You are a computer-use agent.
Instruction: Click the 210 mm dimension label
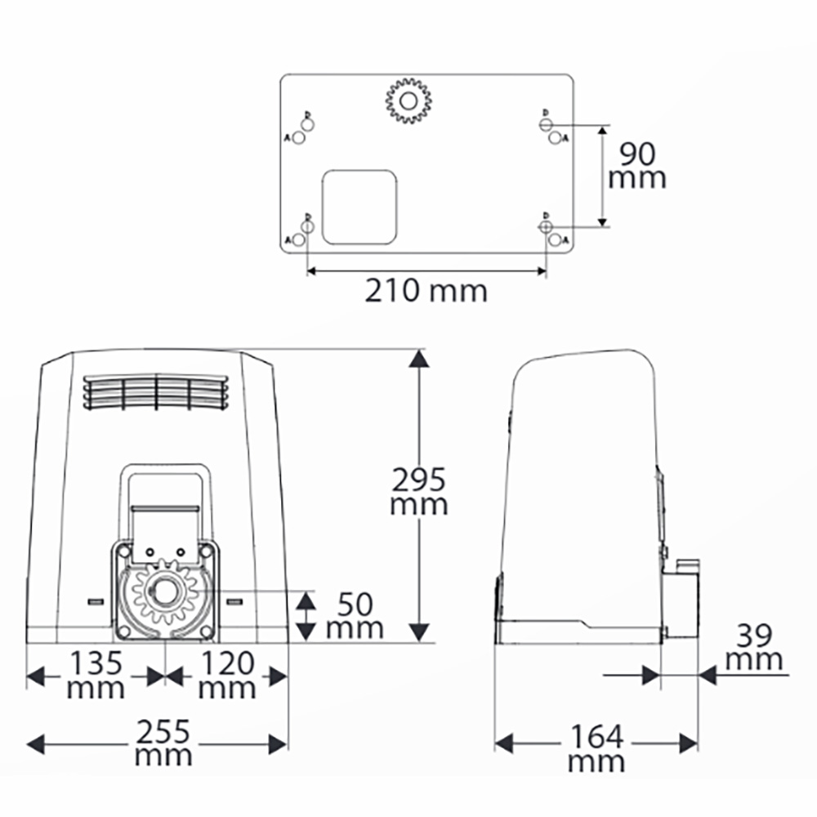click(425, 290)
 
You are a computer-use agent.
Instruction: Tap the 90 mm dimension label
click(637, 165)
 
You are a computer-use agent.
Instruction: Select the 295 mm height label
click(418, 490)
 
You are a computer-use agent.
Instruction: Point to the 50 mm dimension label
click(354, 616)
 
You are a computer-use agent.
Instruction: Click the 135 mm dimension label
click(96, 675)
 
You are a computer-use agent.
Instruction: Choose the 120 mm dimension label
click(227, 675)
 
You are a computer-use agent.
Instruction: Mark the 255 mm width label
click(163, 742)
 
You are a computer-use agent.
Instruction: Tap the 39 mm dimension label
click(752, 646)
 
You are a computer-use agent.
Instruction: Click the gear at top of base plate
click(408, 101)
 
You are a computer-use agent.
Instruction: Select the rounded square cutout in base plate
click(359, 207)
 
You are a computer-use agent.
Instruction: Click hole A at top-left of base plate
click(298, 138)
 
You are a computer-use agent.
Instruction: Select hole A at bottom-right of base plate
click(555, 240)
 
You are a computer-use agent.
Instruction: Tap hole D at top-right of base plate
click(546, 123)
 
